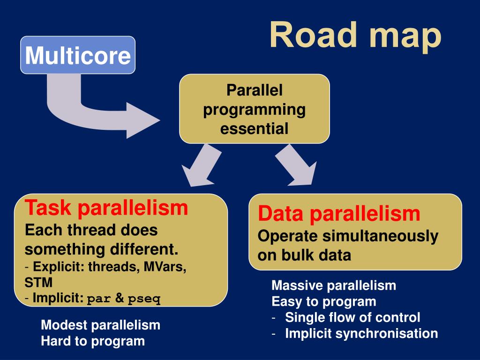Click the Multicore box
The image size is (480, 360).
[78, 55]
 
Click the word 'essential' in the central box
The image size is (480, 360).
[255, 128]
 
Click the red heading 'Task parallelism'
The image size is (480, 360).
[106, 207]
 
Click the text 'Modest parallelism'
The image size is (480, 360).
[100, 325]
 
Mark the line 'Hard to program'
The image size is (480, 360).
[93, 341]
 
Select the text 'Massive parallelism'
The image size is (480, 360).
[334, 285]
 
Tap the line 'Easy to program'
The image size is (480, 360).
[323, 301]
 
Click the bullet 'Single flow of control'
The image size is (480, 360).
[352, 317]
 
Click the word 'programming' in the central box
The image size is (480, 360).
[255, 109]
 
